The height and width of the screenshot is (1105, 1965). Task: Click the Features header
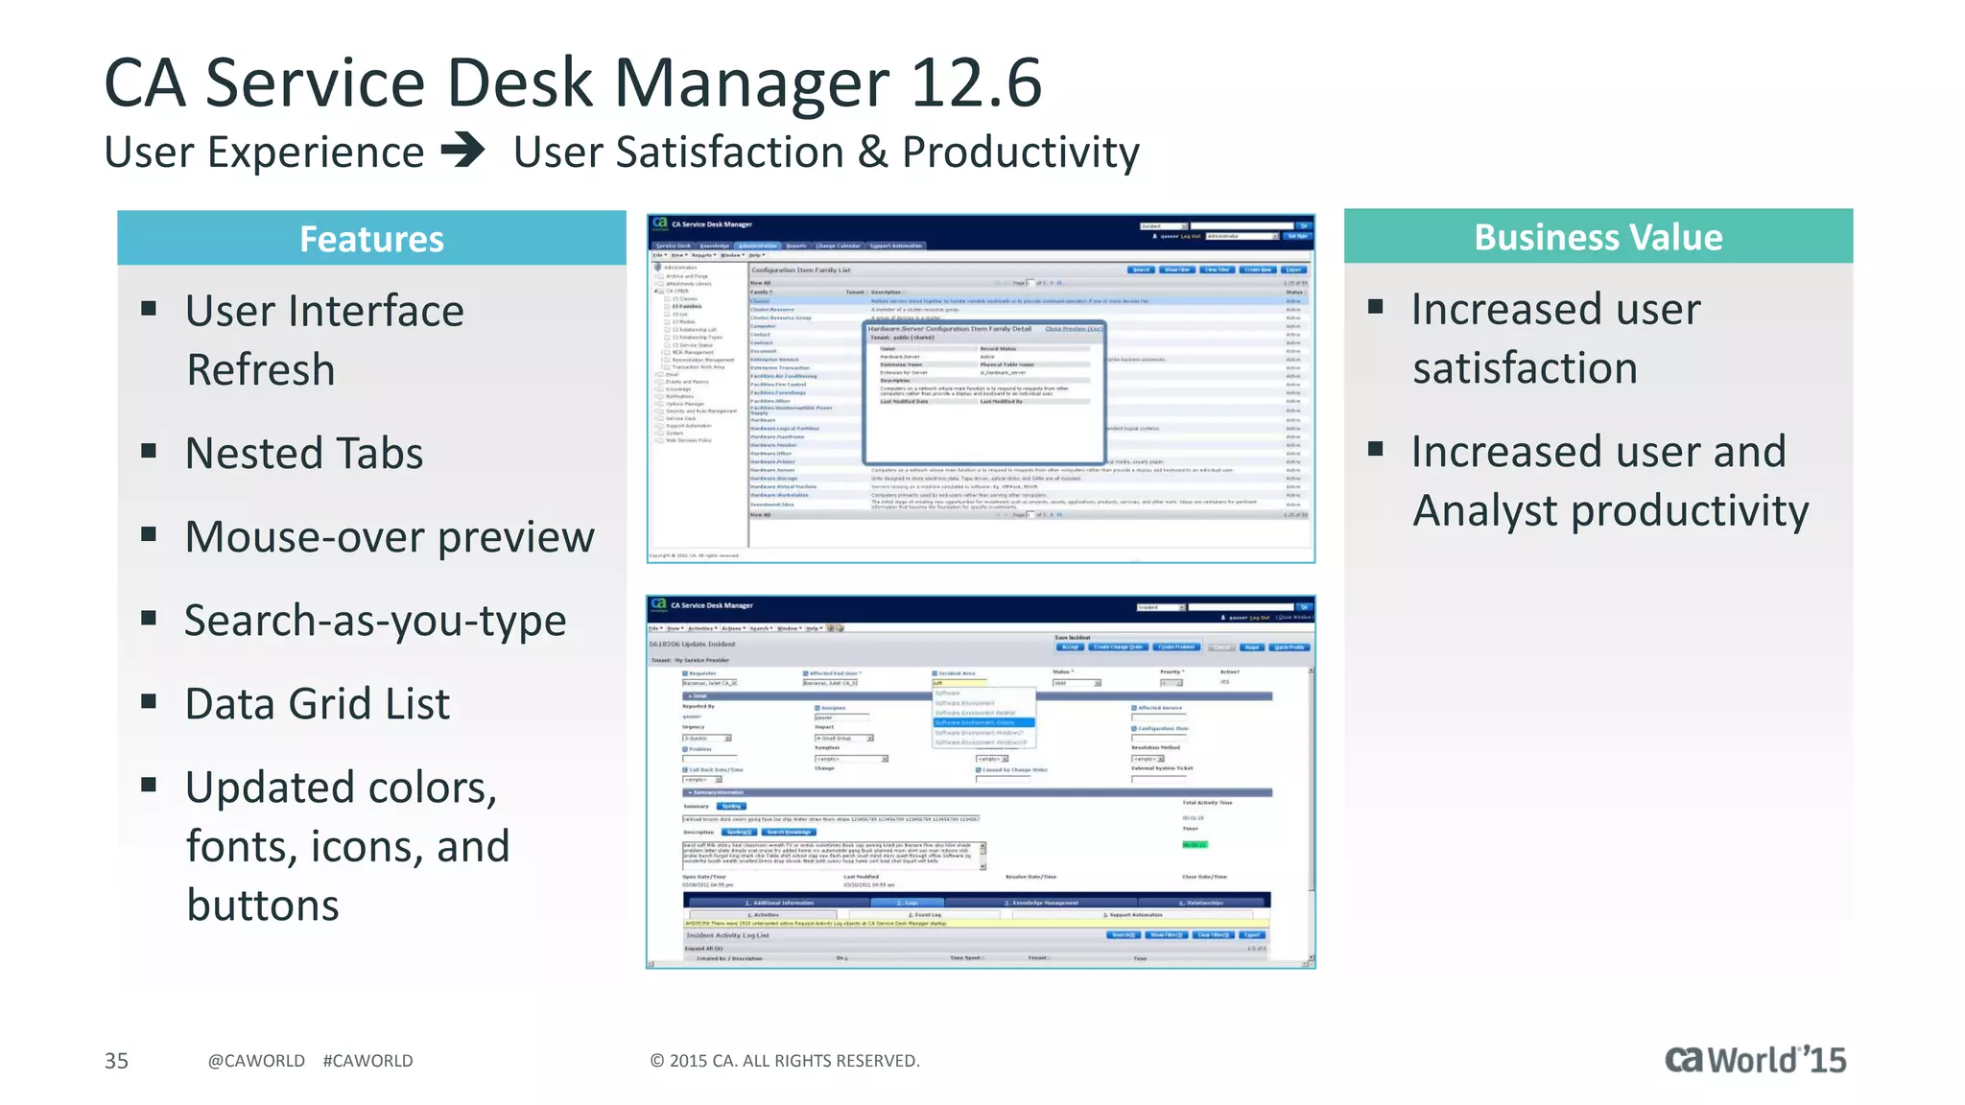(371, 239)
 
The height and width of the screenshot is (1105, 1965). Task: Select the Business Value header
(1598, 237)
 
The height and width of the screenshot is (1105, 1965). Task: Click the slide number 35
(116, 1060)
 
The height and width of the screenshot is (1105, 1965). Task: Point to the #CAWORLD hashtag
(367, 1060)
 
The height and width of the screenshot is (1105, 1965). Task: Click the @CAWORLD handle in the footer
(256, 1060)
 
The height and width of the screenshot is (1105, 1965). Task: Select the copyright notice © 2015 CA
(784, 1060)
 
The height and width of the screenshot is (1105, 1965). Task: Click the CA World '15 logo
(1755, 1059)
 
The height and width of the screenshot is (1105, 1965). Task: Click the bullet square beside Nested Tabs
(149, 450)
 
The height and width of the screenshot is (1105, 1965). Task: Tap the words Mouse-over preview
(390, 536)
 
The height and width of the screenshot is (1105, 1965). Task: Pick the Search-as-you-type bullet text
(375, 621)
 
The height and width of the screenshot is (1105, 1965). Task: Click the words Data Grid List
(318, 704)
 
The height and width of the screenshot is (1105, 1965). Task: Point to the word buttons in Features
(263, 905)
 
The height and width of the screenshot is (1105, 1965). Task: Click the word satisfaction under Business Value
(1525, 368)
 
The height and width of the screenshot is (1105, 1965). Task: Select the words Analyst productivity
(1611, 510)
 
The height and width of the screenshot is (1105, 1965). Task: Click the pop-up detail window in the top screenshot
(985, 393)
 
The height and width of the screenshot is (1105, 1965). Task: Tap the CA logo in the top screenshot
(660, 223)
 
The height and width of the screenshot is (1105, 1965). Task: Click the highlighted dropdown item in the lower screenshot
(983, 722)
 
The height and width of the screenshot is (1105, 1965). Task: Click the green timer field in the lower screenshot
(1195, 844)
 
